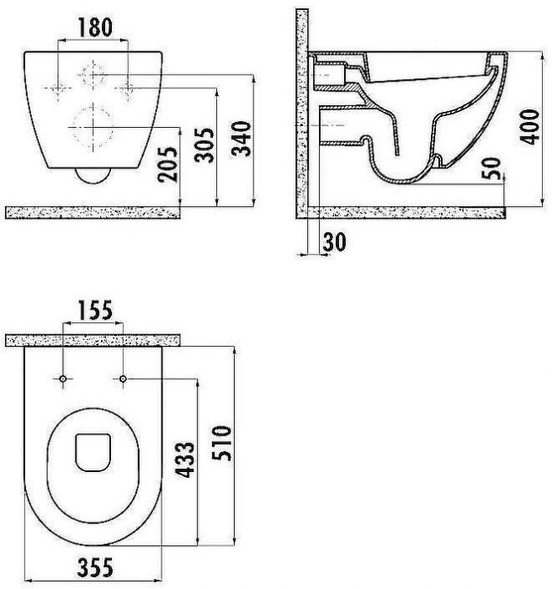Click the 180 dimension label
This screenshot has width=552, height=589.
(x=95, y=28)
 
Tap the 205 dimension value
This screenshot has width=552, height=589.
(x=167, y=165)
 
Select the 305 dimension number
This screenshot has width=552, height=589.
(x=204, y=145)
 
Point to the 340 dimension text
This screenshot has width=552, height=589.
(x=241, y=138)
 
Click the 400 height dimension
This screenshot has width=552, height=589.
(x=529, y=126)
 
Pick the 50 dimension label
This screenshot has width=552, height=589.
(x=491, y=168)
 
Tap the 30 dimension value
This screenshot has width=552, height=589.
(x=334, y=242)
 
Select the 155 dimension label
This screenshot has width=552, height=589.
(x=95, y=310)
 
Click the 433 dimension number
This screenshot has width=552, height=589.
(x=185, y=459)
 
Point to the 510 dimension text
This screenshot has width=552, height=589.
(x=221, y=443)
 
